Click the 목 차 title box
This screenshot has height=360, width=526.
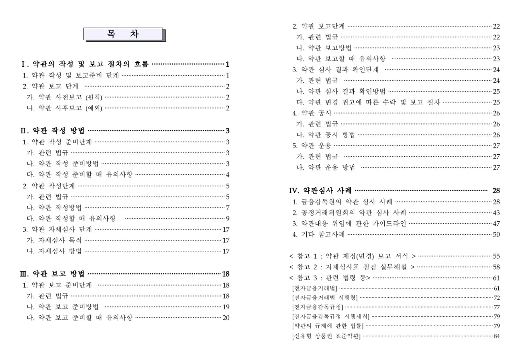(123, 34)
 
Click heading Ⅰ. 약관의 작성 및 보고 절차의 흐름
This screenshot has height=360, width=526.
(85, 64)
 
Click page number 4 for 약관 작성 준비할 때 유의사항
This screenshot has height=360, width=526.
(228, 174)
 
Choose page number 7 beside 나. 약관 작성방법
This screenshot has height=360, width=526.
(228, 208)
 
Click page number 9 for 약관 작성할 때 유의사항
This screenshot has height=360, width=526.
(228, 219)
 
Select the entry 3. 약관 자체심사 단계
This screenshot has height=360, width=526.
(57, 229)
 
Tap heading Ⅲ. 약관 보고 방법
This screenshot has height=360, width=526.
(53, 274)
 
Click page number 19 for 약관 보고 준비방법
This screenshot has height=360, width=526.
(226, 307)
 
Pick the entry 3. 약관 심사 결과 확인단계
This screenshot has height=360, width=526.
(335, 70)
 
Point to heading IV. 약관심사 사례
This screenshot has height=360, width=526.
(320, 190)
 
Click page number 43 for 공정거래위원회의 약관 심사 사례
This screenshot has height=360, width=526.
(496, 213)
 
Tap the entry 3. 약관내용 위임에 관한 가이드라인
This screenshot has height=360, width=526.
(349, 223)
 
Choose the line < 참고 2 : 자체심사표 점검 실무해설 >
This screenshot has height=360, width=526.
(352, 267)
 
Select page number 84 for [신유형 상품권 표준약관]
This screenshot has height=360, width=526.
(497, 336)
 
